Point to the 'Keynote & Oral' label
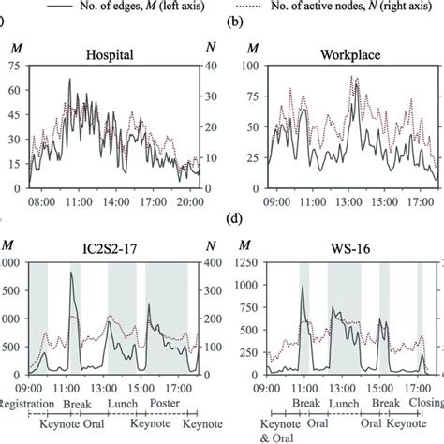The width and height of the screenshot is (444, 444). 268,431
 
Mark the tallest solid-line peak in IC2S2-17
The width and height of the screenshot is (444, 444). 72,274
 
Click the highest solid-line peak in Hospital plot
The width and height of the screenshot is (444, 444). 69,80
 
